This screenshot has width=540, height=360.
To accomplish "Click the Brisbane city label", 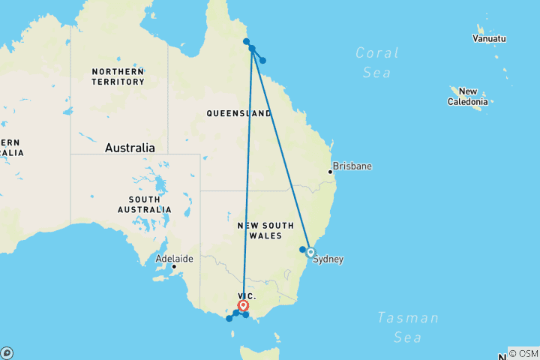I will [x=352, y=166].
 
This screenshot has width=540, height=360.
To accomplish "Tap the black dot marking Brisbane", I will [x=330, y=172].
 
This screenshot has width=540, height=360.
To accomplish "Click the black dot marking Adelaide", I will [x=174, y=266].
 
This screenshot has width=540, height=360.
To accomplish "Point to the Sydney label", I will [x=328, y=259].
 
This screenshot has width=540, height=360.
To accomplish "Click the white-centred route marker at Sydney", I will [x=310, y=253].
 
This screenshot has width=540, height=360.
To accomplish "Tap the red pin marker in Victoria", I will [x=243, y=306].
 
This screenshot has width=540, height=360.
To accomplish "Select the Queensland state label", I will [x=239, y=113].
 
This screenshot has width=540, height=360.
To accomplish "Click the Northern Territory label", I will [x=118, y=76].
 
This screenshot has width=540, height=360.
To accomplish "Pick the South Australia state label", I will [x=148, y=204].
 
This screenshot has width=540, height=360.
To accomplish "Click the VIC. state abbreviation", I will [x=247, y=296].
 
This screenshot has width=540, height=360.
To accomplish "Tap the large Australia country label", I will [x=130, y=148].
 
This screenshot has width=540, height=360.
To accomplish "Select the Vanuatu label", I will [x=490, y=38].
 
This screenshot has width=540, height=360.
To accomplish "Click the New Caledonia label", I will [x=468, y=96].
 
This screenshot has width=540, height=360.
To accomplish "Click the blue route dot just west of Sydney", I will [x=302, y=250].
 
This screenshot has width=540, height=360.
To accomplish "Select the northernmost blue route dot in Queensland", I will [x=246, y=41].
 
